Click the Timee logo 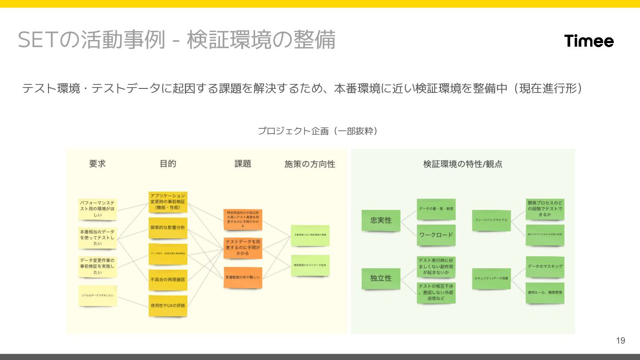pos(589,41)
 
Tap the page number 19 pos(620,341)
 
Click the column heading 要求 pos(97,164)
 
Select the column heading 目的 pos(168,164)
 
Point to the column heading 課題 pos(243,164)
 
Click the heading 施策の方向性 pos(310,164)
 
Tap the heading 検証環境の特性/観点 pos(463,164)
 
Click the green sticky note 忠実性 pos(381,220)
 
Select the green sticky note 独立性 pos(381,278)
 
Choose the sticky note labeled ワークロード pos(436,235)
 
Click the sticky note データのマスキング pos(545,266)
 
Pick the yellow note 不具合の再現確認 pos(168,280)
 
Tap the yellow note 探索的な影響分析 pos(168,228)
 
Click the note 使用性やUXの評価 pos(168,305)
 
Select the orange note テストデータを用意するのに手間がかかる pos(243,248)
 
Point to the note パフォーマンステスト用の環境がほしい pos(97,208)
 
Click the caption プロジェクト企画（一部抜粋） pos(318,131)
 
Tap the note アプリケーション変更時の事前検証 pos(168,201)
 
